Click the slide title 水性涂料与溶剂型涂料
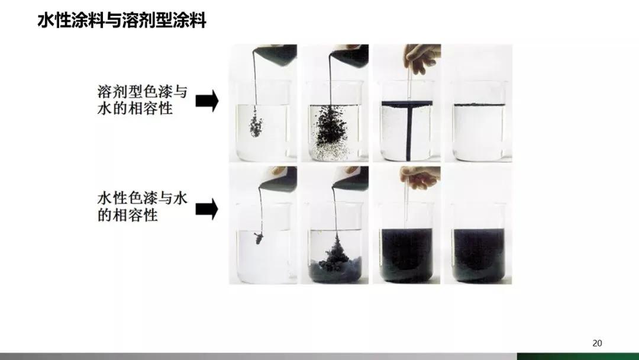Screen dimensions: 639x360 pyautogui.click(x=122, y=20)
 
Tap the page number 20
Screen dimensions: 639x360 pyautogui.click(x=597, y=343)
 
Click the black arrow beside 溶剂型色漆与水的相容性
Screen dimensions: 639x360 pyautogui.click(x=207, y=101)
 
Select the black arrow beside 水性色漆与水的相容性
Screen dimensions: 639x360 pyautogui.click(x=207, y=210)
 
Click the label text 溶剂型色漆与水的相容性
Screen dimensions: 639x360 pyautogui.click(x=142, y=100)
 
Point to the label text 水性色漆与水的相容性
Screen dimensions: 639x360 pyautogui.click(x=142, y=206)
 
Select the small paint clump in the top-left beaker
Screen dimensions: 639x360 pyautogui.click(x=256, y=121)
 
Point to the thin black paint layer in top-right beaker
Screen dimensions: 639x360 pyautogui.click(x=479, y=105)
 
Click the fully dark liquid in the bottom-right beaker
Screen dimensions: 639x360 pyautogui.click(x=479, y=255)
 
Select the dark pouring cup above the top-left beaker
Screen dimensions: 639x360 pyautogui.click(x=276, y=55)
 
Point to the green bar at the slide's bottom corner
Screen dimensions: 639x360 pyautogui.click(x=578, y=356)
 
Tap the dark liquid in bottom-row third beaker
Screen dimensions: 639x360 pyautogui.click(x=406, y=255)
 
